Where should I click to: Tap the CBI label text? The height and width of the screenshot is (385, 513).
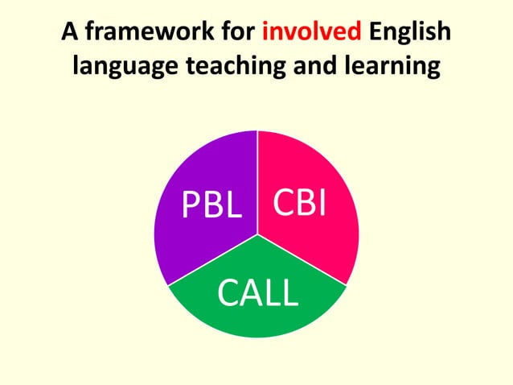coord(299,205)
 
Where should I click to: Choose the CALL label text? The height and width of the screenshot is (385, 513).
coord(257,295)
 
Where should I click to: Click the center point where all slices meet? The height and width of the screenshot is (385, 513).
coord(257,234)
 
